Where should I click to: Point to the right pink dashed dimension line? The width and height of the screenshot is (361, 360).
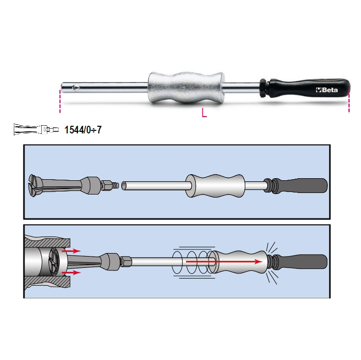pyautogui.click(x=349, y=101)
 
